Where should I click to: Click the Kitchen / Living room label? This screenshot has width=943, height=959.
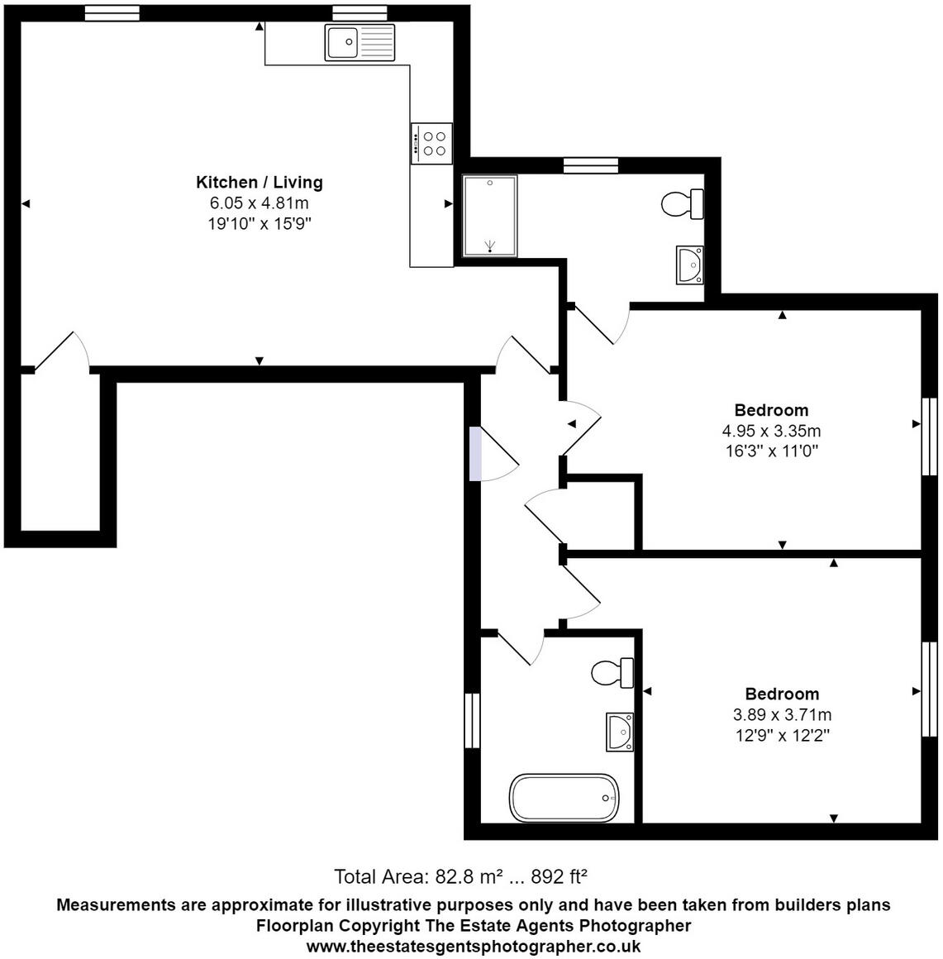259,182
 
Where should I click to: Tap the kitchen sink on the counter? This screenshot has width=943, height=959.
360,42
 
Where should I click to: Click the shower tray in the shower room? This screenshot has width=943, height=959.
490,216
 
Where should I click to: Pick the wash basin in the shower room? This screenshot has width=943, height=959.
689,265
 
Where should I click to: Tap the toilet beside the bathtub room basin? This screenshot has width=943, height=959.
612,672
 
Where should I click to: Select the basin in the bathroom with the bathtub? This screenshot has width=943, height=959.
619,732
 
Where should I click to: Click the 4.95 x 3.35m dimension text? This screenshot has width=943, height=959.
771,431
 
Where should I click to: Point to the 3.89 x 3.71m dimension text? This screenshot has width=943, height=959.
782,715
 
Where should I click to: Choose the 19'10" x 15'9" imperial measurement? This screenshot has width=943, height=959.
259,224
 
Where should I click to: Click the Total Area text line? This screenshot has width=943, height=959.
460,876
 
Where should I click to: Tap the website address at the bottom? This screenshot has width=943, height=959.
473,947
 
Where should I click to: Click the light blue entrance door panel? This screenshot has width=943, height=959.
474,453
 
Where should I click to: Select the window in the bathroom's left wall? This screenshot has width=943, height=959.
472,720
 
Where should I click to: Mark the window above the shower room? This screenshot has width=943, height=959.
590,165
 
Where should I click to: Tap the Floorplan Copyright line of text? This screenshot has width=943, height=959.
473,925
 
